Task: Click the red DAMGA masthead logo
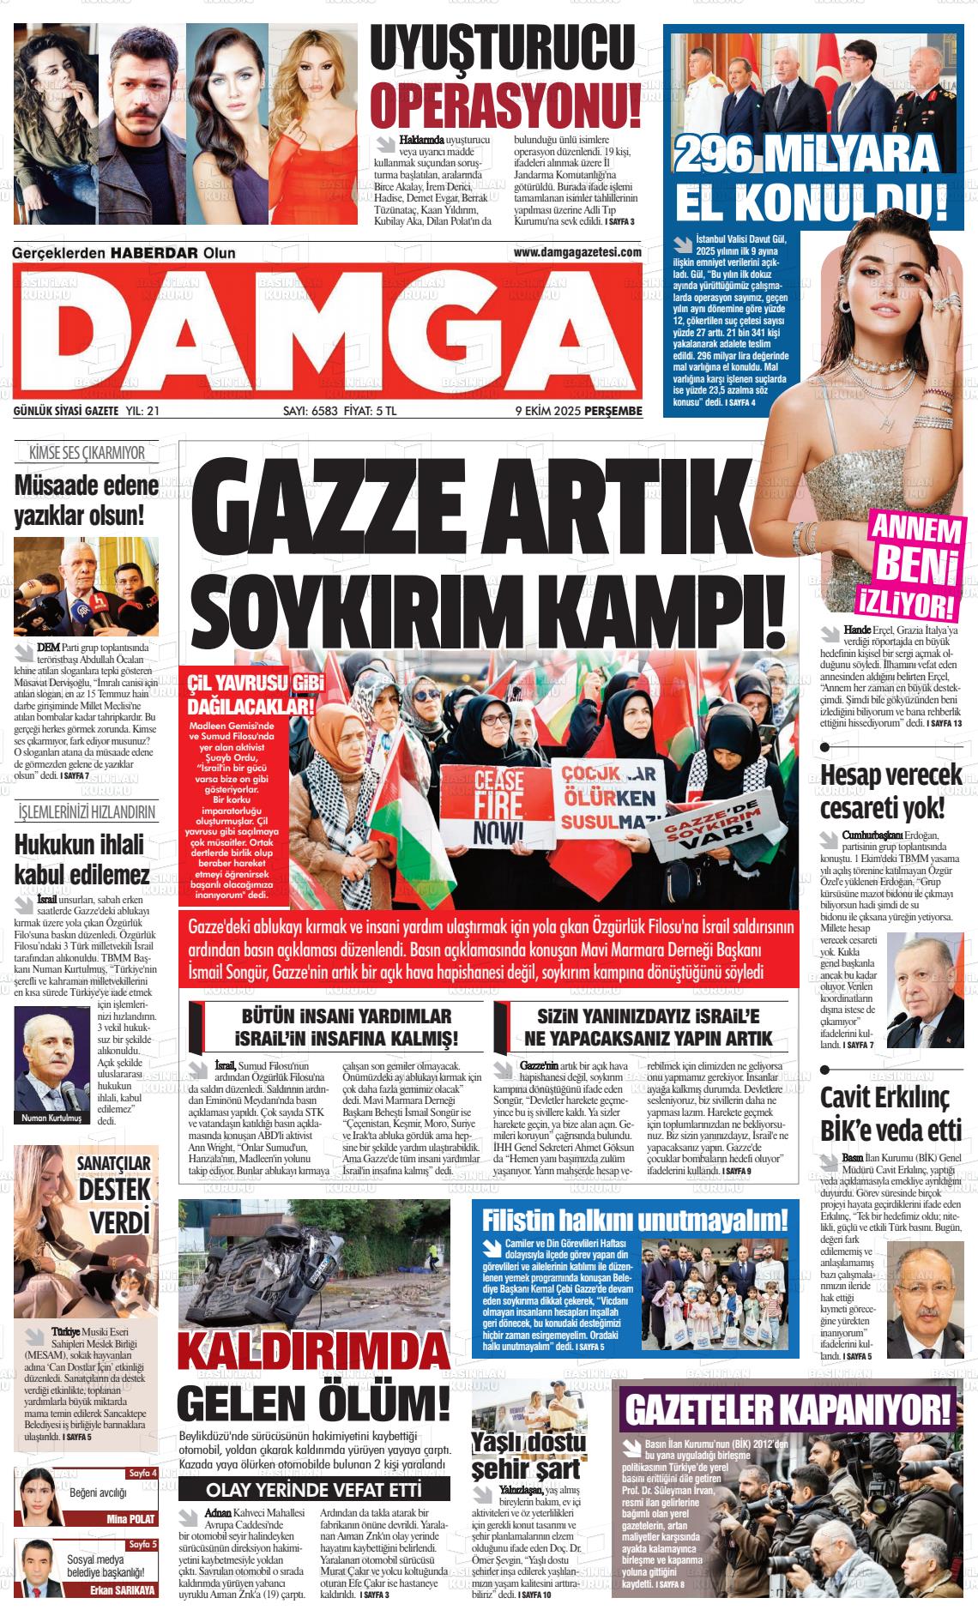(328, 331)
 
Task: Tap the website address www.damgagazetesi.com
(577, 252)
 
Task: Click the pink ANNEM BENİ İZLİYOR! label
(914, 563)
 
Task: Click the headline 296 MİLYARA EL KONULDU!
(811, 178)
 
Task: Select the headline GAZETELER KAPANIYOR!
(788, 1408)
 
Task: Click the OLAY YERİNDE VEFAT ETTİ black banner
(312, 1488)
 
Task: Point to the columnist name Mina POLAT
(130, 1519)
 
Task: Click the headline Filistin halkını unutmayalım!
(635, 1220)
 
